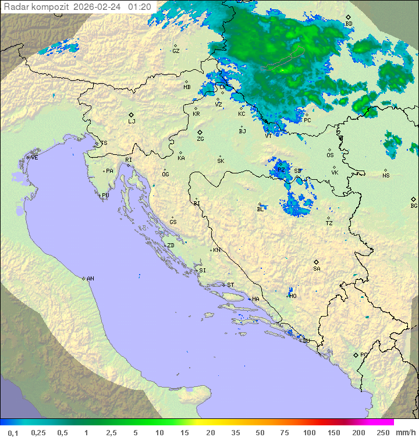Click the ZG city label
200,139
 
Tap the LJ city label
132,122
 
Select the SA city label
317,269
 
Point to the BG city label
414,205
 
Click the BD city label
349,24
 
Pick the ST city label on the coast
230,285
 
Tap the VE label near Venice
34,158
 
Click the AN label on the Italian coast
90,279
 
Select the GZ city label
175,51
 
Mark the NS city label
386,176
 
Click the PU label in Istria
105,196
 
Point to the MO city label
293,296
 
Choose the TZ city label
329,223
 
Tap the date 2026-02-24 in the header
98,7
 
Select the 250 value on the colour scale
382,432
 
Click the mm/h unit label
405,432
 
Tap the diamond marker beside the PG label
356,354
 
